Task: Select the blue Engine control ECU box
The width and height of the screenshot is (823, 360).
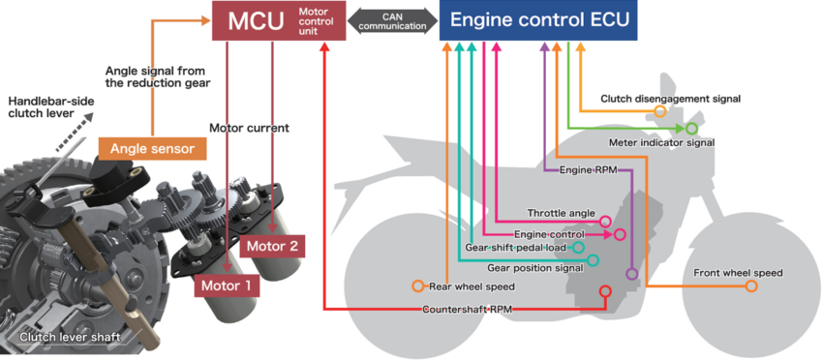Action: click(x=537, y=21)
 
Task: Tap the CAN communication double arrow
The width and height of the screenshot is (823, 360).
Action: click(x=392, y=21)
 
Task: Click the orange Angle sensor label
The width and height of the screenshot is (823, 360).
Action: click(x=152, y=148)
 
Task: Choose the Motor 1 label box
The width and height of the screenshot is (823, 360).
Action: click(x=226, y=285)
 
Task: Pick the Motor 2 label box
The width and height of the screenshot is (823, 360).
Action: click(x=272, y=245)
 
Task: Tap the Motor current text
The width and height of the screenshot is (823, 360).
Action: click(x=249, y=127)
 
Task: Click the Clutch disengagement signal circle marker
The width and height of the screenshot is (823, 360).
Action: click(x=660, y=112)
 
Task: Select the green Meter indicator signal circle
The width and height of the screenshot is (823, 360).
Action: click(x=692, y=128)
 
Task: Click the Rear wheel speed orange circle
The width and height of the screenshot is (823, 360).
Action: click(x=417, y=286)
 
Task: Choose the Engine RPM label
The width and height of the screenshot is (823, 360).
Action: click(x=589, y=170)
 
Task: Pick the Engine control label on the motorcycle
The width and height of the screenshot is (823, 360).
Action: click(x=549, y=234)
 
